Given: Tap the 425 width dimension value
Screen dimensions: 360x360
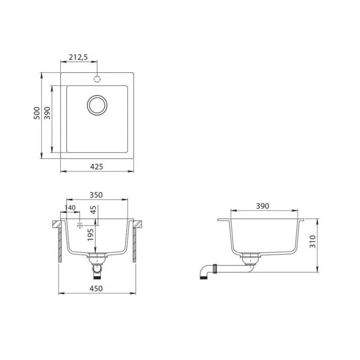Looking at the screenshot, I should click(97, 166).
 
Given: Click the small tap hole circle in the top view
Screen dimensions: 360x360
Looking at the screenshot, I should click(96, 79).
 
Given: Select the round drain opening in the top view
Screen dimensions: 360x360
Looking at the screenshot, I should click(97, 105).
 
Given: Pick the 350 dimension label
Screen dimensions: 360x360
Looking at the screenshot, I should click(96, 195).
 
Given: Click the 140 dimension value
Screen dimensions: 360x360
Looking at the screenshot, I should click(70, 208).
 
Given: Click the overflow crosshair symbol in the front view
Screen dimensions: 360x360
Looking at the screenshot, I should click(80, 224).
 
